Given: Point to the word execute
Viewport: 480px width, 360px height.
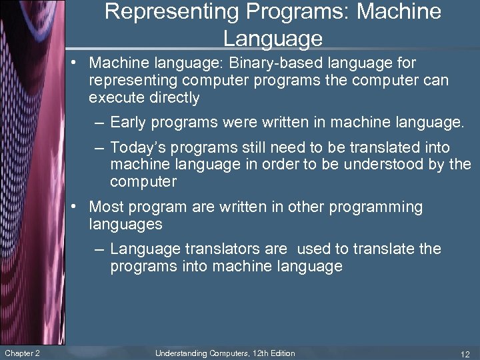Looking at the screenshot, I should pos(115,98).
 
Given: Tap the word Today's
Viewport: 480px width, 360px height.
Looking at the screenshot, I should pos(136,147).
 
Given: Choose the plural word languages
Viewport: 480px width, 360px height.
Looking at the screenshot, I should pos(125,224).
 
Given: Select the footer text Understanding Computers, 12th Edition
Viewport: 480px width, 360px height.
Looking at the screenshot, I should pos(225,353).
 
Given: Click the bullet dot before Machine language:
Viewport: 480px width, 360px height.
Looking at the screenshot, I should pos(79,63).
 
